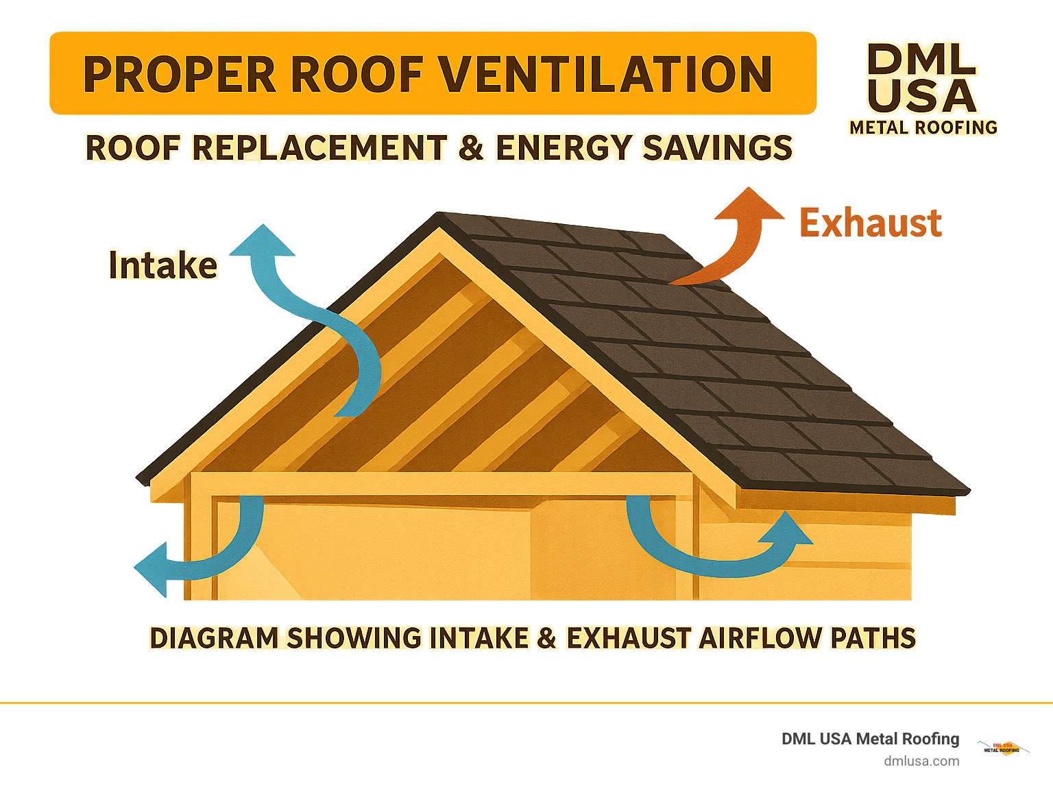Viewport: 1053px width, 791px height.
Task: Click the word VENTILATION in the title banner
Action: [605, 74]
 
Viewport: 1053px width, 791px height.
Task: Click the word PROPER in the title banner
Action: [180, 74]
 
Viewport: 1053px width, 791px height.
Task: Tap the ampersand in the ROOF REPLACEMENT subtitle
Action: [470, 147]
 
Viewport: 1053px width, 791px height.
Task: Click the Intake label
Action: [163, 265]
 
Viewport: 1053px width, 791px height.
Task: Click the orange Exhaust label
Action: [871, 223]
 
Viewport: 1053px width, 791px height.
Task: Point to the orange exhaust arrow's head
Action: [749, 205]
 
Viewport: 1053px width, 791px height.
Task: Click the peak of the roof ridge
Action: [439, 215]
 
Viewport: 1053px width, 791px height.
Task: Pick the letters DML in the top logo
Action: [921, 60]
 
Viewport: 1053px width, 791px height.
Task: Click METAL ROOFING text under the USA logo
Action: [923, 127]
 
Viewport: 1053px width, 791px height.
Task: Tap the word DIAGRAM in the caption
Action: [214, 638]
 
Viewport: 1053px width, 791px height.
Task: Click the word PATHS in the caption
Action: [873, 638]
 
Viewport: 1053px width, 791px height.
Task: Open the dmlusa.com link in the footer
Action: [921, 761]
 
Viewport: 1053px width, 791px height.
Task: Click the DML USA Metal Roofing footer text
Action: [870, 739]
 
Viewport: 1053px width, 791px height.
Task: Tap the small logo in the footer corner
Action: [1002, 748]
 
